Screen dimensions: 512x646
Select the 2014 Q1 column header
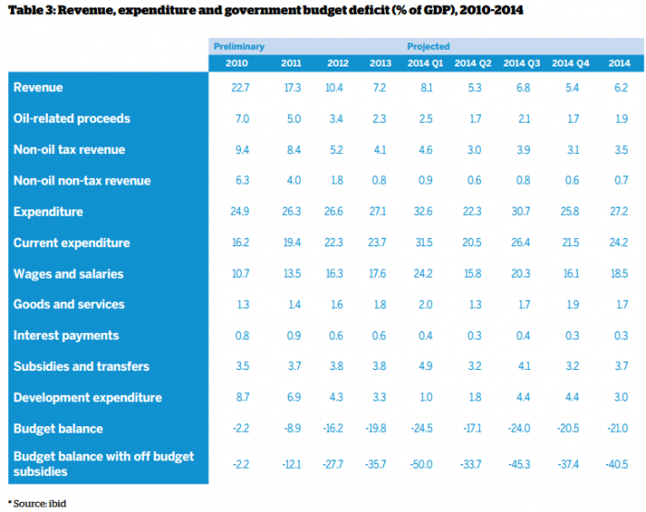425,63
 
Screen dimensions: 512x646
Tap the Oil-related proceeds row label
72,118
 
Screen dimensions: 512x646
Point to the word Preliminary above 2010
239,46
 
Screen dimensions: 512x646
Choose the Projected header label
428,46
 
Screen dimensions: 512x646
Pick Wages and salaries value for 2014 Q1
425,274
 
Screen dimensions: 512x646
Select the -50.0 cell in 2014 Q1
425,465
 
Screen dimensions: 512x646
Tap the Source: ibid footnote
37,503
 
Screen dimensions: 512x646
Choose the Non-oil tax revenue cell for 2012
335,149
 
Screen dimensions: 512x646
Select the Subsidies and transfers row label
81,366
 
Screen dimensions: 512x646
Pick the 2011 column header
291,63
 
